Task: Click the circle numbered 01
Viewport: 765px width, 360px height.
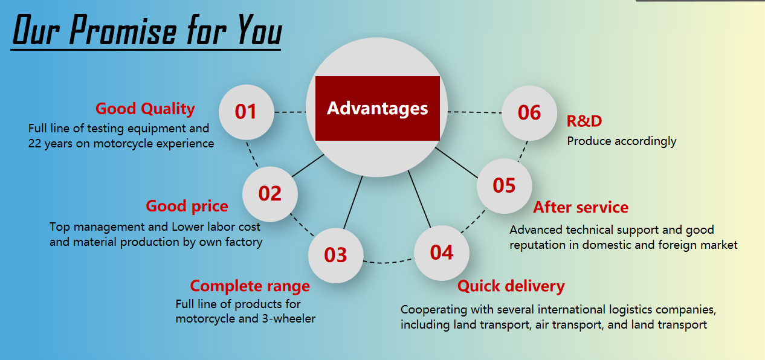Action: (x=246, y=112)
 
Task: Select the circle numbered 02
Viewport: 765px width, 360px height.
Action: (x=270, y=194)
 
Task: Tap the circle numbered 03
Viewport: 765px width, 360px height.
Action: (x=336, y=256)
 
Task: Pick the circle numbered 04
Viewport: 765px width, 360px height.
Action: (x=442, y=253)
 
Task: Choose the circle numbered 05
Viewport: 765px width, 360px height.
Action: (x=505, y=186)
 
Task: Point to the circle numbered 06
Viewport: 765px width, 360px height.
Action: (x=529, y=113)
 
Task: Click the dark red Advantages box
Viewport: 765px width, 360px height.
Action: (x=378, y=108)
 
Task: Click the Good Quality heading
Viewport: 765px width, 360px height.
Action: (x=145, y=109)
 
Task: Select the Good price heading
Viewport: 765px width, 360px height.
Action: (x=187, y=207)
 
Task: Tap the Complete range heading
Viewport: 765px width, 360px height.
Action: (x=250, y=286)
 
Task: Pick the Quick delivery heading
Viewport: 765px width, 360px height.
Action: (x=511, y=286)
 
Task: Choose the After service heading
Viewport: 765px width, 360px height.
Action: (x=581, y=207)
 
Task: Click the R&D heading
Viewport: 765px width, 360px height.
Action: (x=584, y=121)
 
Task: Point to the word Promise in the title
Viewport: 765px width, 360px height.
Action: (x=123, y=30)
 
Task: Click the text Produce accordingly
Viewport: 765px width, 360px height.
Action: (x=622, y=141)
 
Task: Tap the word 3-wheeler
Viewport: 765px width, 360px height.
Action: (x=289, y=319)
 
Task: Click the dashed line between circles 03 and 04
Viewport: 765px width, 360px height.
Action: (x=389, y=262)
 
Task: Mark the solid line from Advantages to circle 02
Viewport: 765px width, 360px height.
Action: (x=308, y=166)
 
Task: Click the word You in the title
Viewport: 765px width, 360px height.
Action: (x=260, y=30)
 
